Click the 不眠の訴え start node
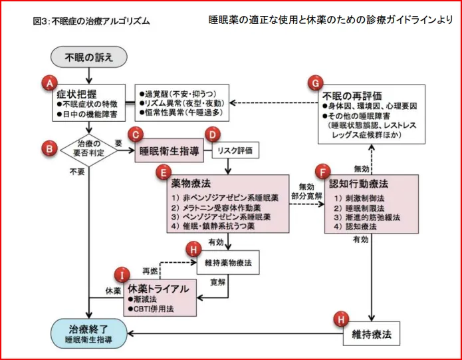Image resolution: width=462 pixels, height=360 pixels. pos(89,57)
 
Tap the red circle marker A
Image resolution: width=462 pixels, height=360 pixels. pos(49,83)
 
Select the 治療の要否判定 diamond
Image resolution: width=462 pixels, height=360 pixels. pos(88,150)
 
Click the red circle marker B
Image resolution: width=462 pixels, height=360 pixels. pos(49,148)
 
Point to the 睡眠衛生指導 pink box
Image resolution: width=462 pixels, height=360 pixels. pos(169,150)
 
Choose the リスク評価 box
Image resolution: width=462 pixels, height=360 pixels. pos(235,150)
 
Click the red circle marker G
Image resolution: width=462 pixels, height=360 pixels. pos(315,83)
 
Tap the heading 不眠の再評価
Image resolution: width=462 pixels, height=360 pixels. pos(352,96)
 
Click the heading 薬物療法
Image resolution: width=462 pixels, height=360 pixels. pos(191,184)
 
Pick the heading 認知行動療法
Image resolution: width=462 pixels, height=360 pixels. pos(358,184)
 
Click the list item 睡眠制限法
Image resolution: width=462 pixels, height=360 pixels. pos(359,208)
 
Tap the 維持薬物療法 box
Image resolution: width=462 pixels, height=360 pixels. pos(228,262)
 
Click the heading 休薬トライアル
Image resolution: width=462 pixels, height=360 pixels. pos(158,289)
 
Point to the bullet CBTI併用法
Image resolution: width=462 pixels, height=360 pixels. pos(151,309)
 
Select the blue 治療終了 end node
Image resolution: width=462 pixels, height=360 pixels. pos(89,333)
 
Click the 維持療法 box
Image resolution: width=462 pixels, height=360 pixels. pos(371,334)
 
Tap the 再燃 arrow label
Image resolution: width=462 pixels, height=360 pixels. pos(150,271)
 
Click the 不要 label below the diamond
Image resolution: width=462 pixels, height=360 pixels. pos(77,172)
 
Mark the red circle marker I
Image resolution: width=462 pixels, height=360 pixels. pos(122,275)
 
